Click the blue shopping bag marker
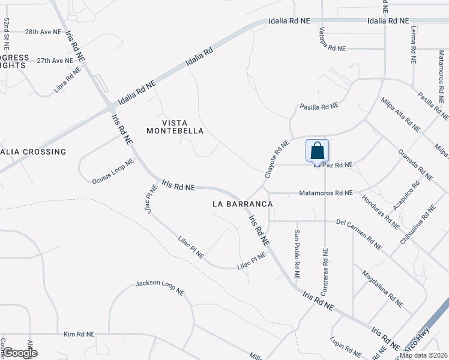pyautogui.click(x=317, y=151)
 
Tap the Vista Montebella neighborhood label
pyautogui.click(x=175, y=126)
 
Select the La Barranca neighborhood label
pyautogui.click(x=243, y=204)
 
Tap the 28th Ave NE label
pyautogui.click(x=43, y=32)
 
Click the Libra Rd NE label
pyautogui.click(x=67, y=80)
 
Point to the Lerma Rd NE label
pyautogui.click(x=414, y=44)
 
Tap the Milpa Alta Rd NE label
pyautogui.click(x=400, y=114)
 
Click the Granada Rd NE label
pyautogui.click(x=415, y=164)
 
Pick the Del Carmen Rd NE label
pyautogui.click(x=360, y=235)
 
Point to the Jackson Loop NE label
pyautogui.click(x=160, y=287)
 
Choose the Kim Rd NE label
pyautogui.click(x=79, y=334)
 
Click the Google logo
pyautogui.click(x=20, y=353)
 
